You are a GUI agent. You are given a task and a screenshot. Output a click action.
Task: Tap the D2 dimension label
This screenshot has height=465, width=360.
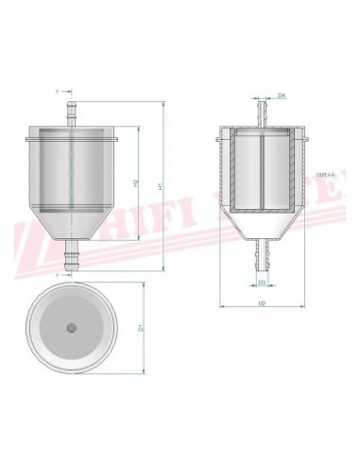tap(262, 305)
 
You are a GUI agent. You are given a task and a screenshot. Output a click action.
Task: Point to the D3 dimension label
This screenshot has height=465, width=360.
tap(262, 282)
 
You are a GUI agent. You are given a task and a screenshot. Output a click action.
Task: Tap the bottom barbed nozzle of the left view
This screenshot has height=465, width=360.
tap(70, 257)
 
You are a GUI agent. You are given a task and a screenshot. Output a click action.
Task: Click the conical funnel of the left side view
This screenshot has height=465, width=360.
tap(70, 221)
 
